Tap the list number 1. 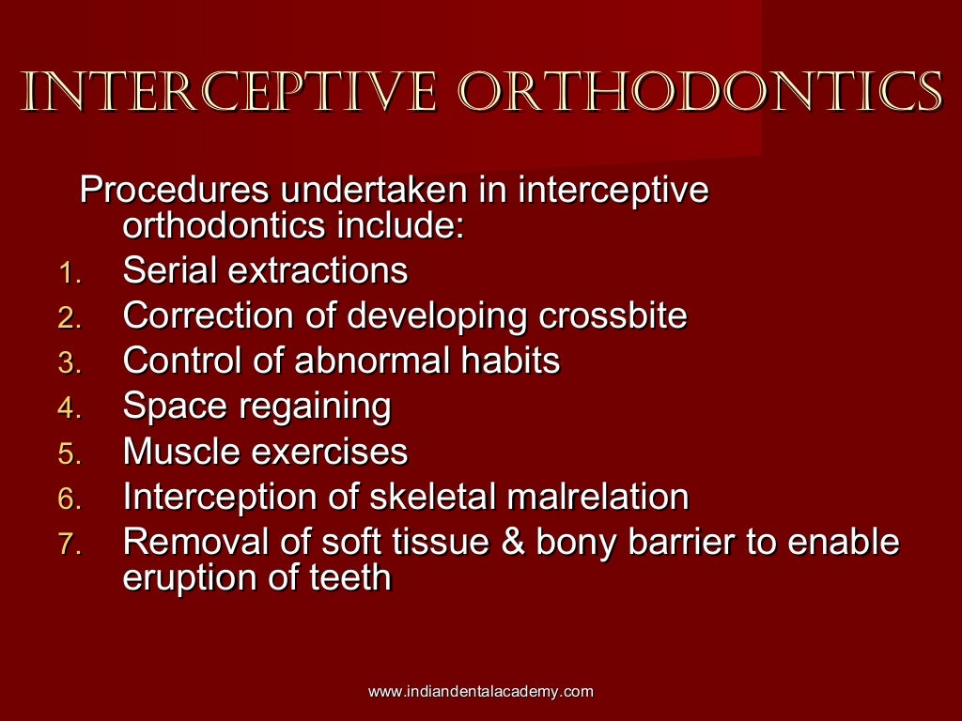pyautogui.click(x=71, y=273)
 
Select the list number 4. pyautogui.click(x=71, y=409)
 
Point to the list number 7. pyautogui.click(x=71, y=545)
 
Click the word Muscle pyautogui.click(x=181, y=452)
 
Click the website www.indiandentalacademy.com pyautogui.click(x=480, y=692)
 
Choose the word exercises pyautogui.click(x=329, y=452)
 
